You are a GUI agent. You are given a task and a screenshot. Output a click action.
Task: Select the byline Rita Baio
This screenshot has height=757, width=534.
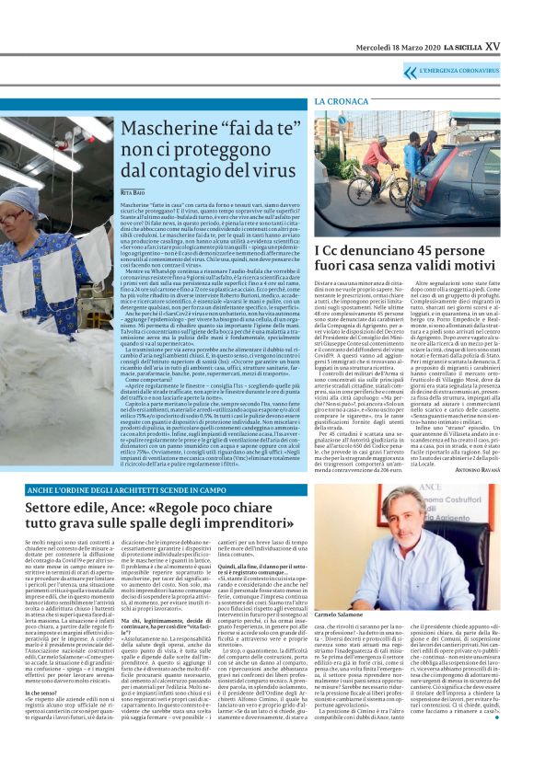click(133, 191)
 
